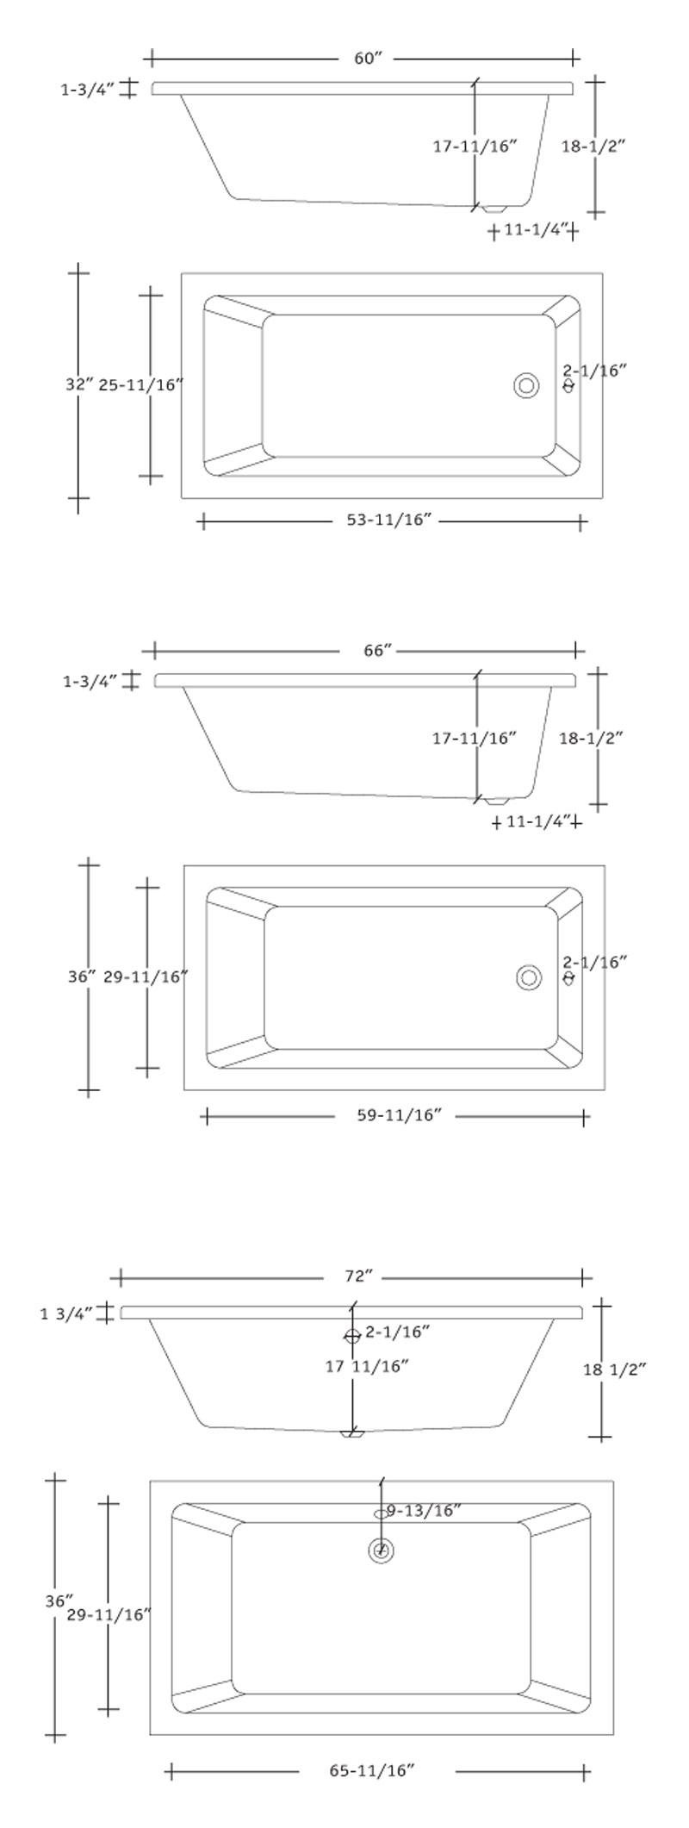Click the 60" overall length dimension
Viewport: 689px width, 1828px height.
367,59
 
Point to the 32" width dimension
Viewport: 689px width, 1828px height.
78,384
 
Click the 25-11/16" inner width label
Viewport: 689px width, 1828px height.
142,384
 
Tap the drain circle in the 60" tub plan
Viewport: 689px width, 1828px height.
526,385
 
